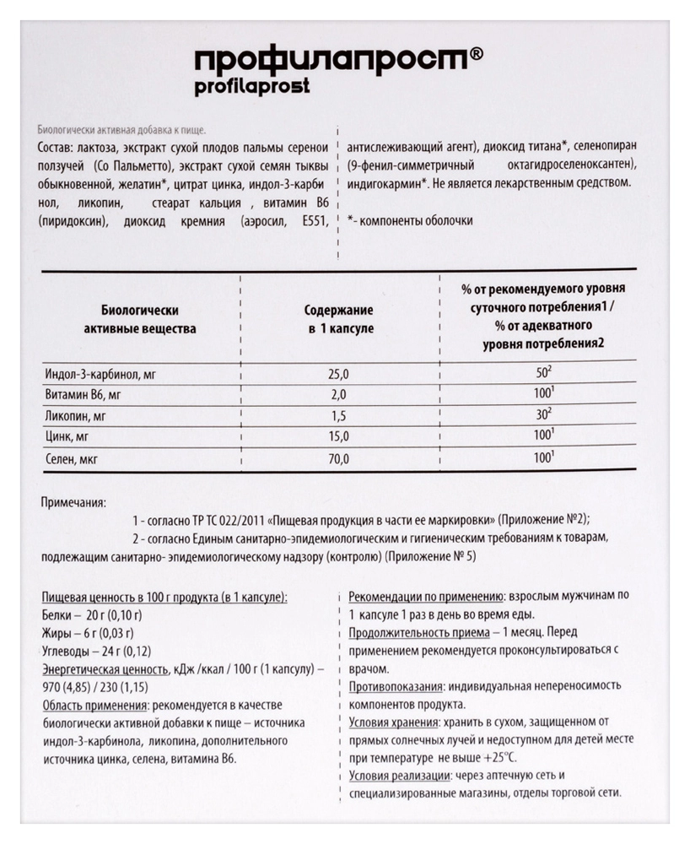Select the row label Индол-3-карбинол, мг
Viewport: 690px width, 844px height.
[x=99, y=372]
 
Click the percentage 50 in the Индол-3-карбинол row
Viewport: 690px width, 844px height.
[x=542, y=372]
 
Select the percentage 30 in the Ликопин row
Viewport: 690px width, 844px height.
[x=542, y=415]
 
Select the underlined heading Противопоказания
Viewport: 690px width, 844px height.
[x=391, y=685]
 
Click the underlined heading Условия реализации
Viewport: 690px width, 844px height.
[x=398, y=776]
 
